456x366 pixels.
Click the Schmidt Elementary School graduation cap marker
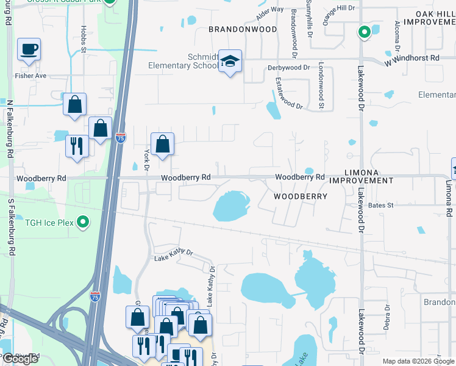(230, 62)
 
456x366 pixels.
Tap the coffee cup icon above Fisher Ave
(29, 49)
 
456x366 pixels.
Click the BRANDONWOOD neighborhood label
(243, 29)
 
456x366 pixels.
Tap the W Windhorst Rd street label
(411, 58)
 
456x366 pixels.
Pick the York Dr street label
(146, 156)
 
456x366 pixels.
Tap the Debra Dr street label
(387, 317)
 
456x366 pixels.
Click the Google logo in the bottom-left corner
(20, 359)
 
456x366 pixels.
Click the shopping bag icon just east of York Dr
(162, 145)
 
